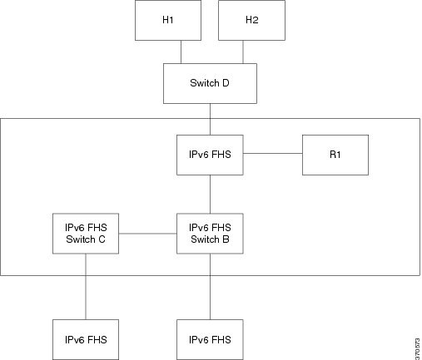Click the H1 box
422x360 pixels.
(168, 20)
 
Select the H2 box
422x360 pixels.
(251, 20)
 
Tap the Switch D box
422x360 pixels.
(210, 83)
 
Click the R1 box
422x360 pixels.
(335, 155)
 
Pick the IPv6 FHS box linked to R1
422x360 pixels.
(210, 155)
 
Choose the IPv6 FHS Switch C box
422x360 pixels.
(86, 234)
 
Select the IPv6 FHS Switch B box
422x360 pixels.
(210, 234)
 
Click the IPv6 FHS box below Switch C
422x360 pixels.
(86, 340)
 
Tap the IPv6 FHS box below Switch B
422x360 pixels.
(210, 340)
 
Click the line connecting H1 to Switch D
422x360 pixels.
(181, 52)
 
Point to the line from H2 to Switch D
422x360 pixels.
(243, 52)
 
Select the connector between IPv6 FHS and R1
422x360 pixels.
(273, 153)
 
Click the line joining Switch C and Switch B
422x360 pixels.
(148, 234)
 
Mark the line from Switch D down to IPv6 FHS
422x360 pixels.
(210, 120)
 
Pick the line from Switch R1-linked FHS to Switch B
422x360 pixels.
(210, 195)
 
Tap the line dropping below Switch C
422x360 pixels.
(86, 287)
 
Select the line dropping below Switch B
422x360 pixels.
(210, 287)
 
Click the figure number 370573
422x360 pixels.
(417, 349)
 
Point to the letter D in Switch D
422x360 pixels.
(226, 83)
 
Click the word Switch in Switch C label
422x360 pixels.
(80, 239)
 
